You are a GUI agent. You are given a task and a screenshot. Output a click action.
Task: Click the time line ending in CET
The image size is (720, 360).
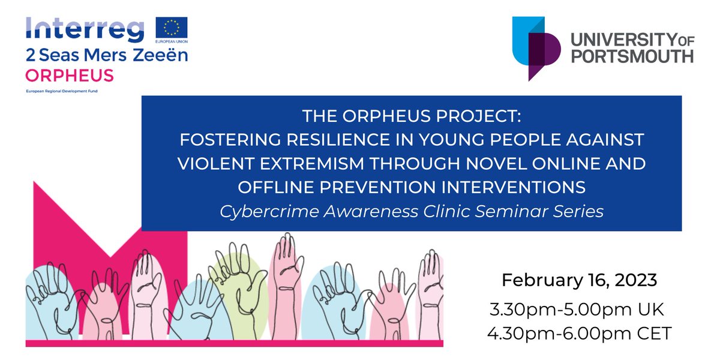[x=580, y=333]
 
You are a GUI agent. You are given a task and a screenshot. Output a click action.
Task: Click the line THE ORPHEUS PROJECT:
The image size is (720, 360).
[x=411, y=116]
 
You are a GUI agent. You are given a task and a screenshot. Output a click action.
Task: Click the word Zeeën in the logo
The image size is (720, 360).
[x=164, y=56]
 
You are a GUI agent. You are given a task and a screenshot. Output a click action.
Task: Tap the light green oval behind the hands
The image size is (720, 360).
[x=237, y=282]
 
